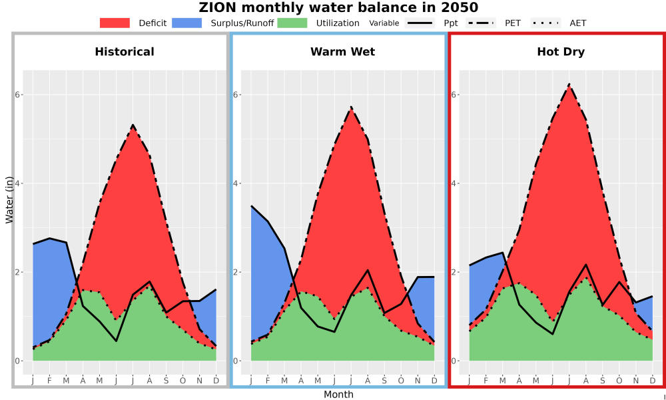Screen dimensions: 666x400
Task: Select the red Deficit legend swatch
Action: [x=115, y=23]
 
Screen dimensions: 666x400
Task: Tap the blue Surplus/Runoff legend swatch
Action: [x=187, y=23]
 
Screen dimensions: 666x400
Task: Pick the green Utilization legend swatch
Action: [x=292, y=23]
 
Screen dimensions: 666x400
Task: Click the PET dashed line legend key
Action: [x=481, y=23]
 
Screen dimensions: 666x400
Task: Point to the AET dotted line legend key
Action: [x=545, y=23]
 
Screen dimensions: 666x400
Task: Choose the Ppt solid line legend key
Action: [x=420, y=23]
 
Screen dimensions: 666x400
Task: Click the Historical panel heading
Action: [x=125, y=52]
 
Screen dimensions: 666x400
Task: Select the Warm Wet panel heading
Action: [x=343, y=52]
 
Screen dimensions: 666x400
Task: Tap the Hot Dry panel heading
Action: [x=561, y=52]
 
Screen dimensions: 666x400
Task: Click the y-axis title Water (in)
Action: [x=9, y=200]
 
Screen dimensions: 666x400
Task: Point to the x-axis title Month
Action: [x=338, y=395]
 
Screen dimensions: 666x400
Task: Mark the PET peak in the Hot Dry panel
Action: [x=569, y=84]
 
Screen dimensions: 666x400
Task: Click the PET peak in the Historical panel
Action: [x=133, y=125]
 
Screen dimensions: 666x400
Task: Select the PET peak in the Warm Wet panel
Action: [x=351, y=107]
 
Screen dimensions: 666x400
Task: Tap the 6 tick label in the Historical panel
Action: [x=18, y=95]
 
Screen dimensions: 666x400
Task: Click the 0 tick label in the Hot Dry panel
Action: [x=454, y=361]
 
